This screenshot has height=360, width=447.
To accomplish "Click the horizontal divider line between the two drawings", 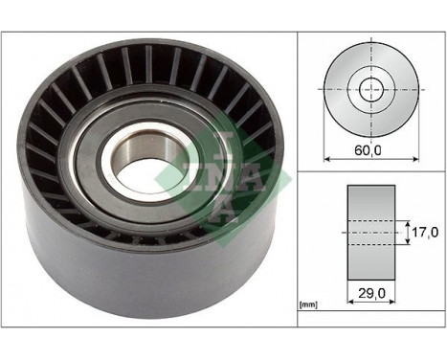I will coord(370,171).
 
